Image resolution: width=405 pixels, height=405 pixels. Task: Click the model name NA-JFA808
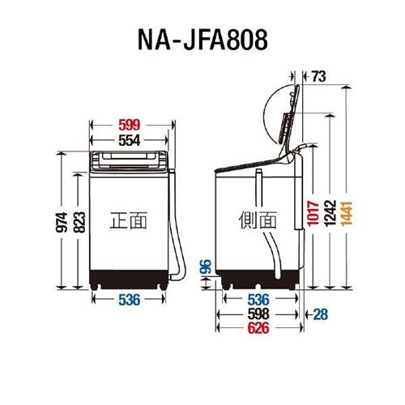click(202, 38)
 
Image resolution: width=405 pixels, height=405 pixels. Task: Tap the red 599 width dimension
click(130, 126)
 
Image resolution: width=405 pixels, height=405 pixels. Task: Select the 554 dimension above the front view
click(130, 139)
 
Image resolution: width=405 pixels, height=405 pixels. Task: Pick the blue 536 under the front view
click(130, 300)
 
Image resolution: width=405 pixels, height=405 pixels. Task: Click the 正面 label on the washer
click(129, 219)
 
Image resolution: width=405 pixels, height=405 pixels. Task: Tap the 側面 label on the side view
click(258, 220)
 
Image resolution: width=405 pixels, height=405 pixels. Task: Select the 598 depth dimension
click(258, 314)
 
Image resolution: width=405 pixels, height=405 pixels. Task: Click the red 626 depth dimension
click(258, 329)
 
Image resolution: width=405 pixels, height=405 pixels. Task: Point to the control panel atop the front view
click(130, 157)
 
